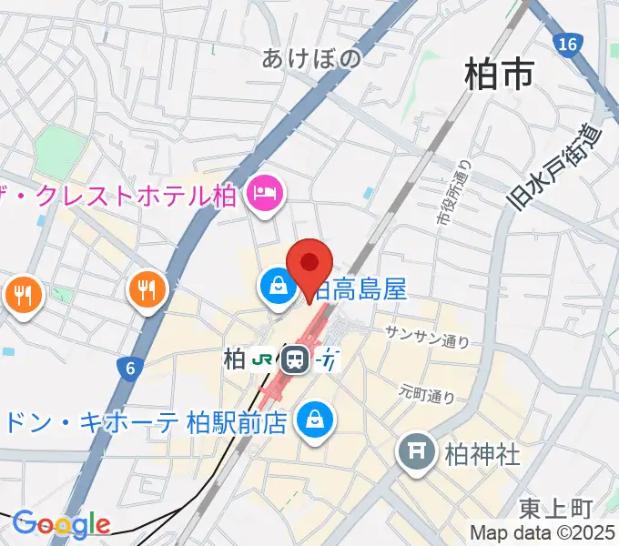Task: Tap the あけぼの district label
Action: pyautogui.click(x=311, y=59)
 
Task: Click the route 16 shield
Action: pyautogui.click(x=569, y=43)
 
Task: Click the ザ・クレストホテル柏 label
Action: pyautogui.click(x=124, y=195)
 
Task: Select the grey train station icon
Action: pyautogui.click(x=294, y=360)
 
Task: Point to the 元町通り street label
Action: pyautogui.click(x=427, y=393)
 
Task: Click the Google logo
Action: pyautogui.click(x=61, y=524)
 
